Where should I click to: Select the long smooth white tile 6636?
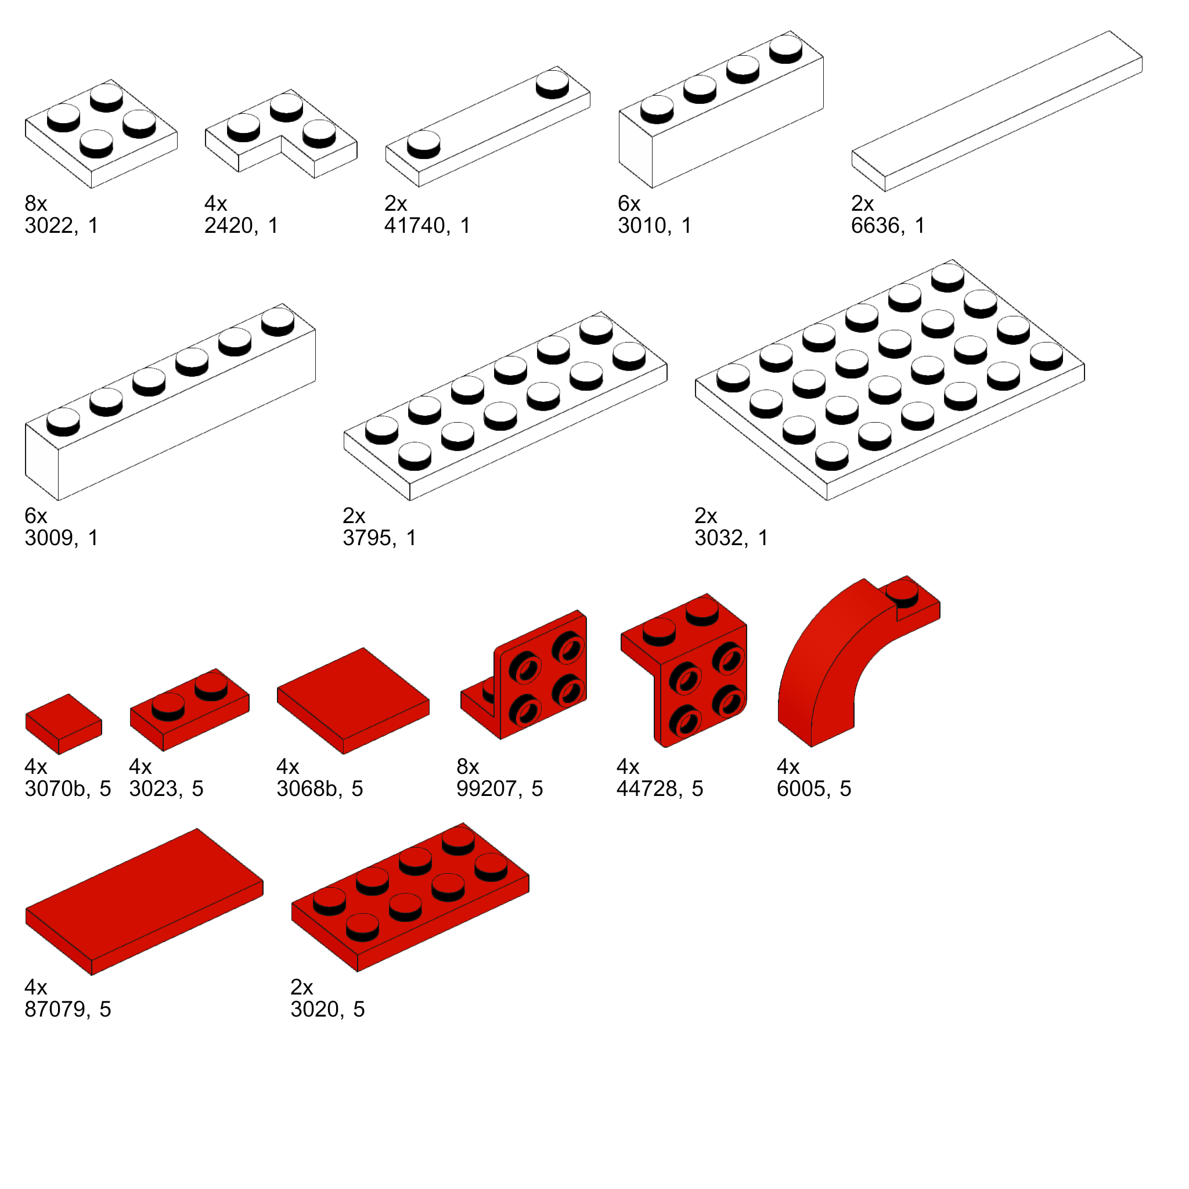[x=997, y=111]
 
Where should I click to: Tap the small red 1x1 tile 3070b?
[x=63, y=724]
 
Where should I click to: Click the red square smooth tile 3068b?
[x=353, y=700]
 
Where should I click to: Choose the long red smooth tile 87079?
[x=145, y=901]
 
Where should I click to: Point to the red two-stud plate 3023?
[x=189, y=709]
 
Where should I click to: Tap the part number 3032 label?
[x=721, y=538]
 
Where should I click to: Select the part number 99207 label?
[x=486, y=788]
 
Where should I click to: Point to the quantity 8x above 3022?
[x=35, y=203]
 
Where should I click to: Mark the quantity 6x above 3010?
[x=629, y=203]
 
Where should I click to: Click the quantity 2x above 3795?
[x=354, y=515]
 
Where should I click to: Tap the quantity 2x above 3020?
[x=301, y=986]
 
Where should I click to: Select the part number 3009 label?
[x=52, y=538]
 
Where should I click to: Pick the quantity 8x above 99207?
[x=468, y=766]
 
